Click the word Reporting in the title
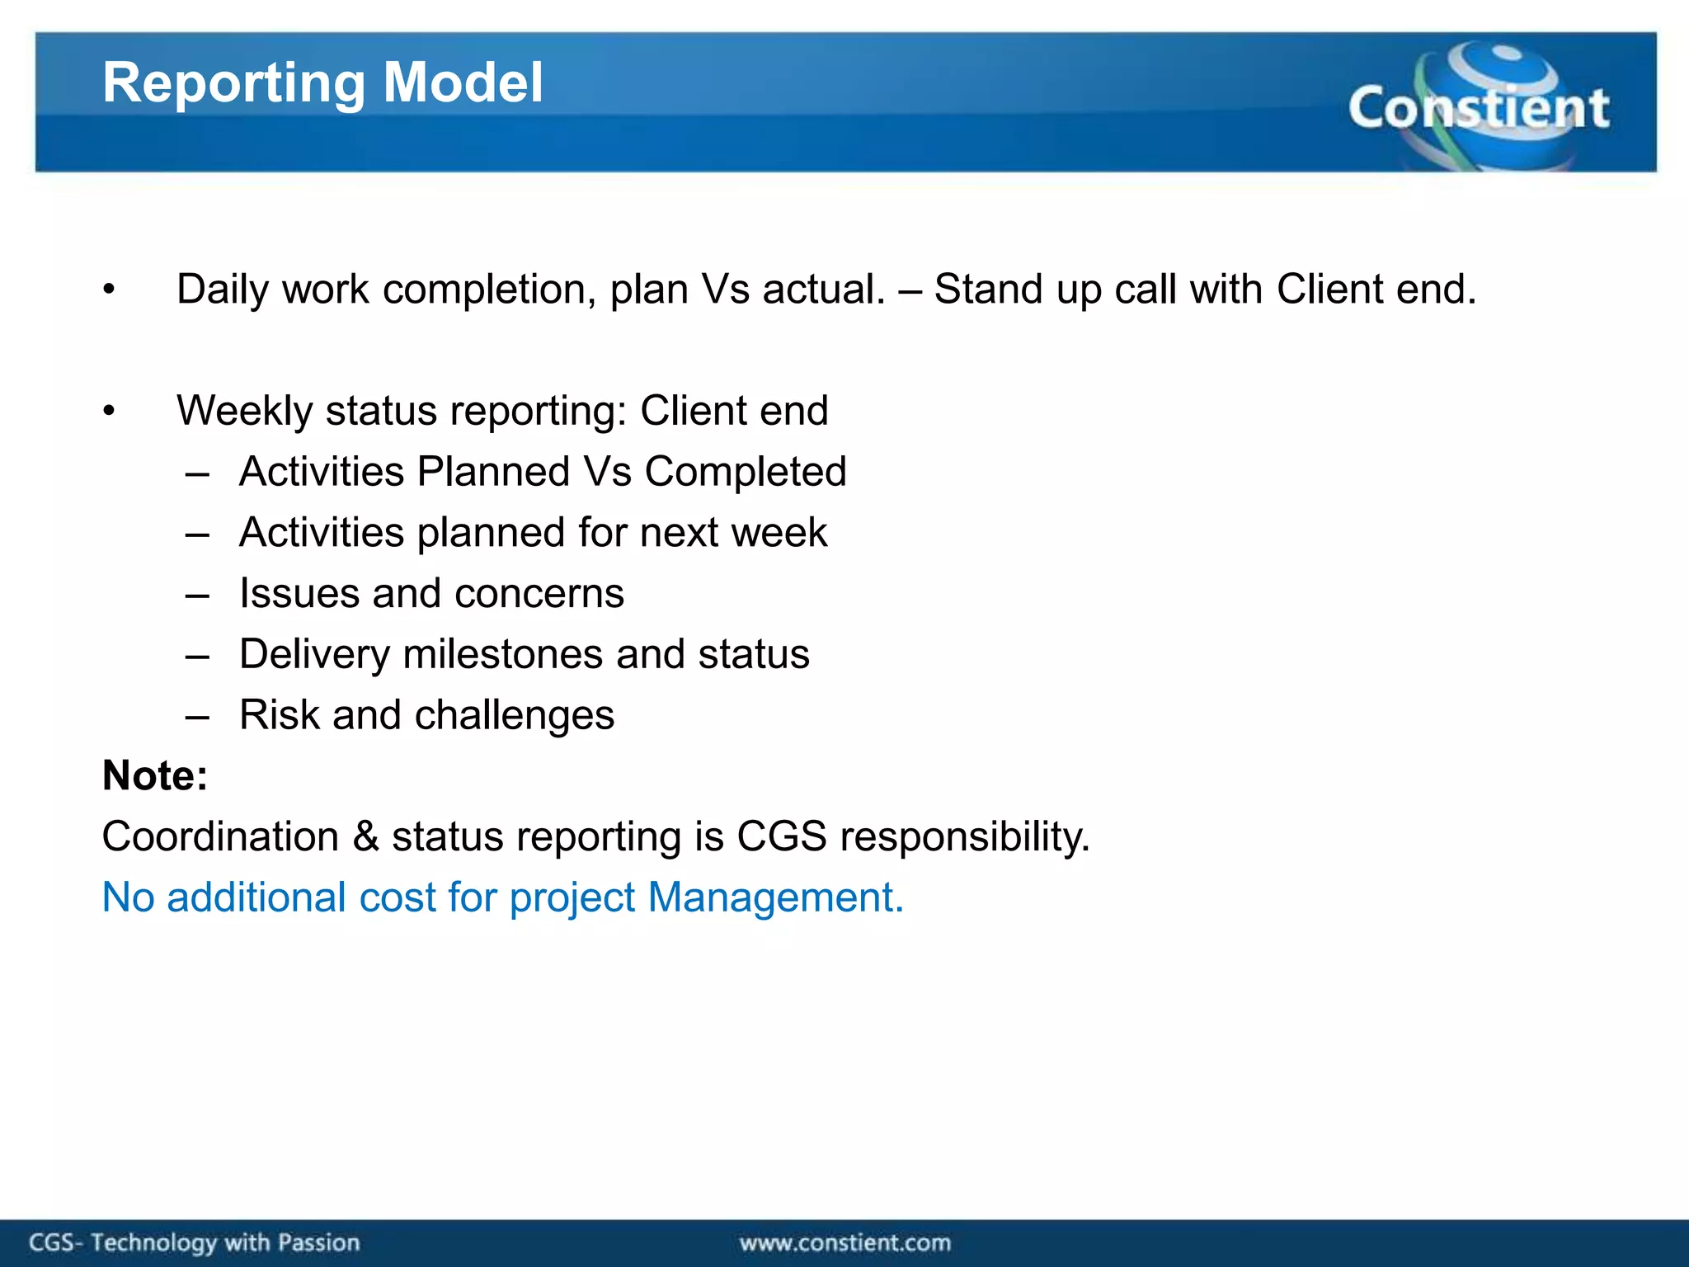click(233, 84)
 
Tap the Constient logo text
click(1478, 108)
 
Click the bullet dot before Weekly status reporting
click(109, 411)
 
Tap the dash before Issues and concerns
click(197, 595)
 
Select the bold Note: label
click(155, 775)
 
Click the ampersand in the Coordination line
click(365, 836)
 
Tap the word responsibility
click(965, 837)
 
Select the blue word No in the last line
click(128, 897)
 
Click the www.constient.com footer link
click(844, 1242)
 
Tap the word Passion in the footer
click(318, 1242)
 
